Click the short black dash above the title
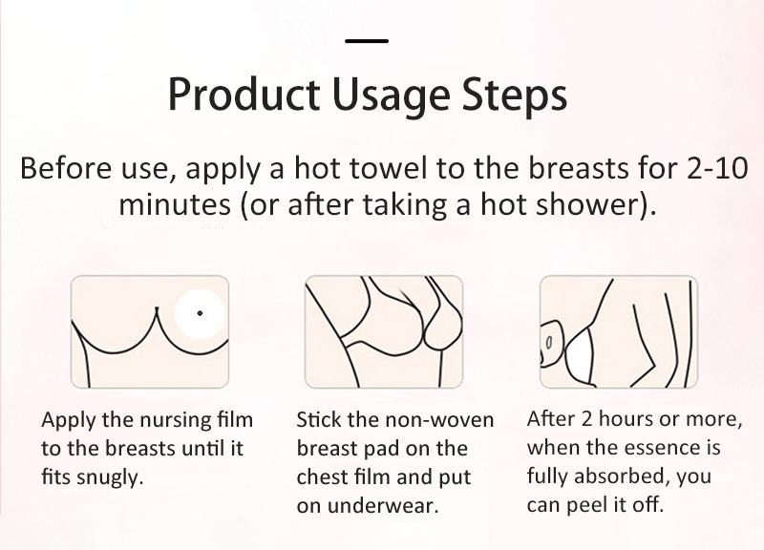pyautogui.click(x=367, y=41)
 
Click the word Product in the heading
pyautogui.click(x=244, y=94)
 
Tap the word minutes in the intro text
pyautogui.click(x=175, y=204)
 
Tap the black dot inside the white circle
pyautogui.click(x=200, y=313)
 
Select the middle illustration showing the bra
pyautogui.click(x=384, y=331)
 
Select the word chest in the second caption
pyautogui.click(x=320, y=476)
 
